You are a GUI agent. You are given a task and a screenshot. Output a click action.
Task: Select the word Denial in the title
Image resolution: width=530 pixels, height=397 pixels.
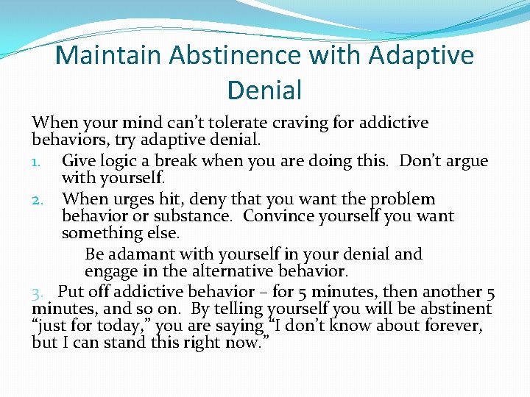[265, 90]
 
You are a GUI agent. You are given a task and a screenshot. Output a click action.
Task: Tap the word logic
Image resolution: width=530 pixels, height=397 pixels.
[118, 160]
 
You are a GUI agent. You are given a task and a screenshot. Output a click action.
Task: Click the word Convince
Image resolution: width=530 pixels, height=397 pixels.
[278, 216]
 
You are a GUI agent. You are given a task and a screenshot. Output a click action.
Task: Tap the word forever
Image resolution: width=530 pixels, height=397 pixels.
[453, 326]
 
